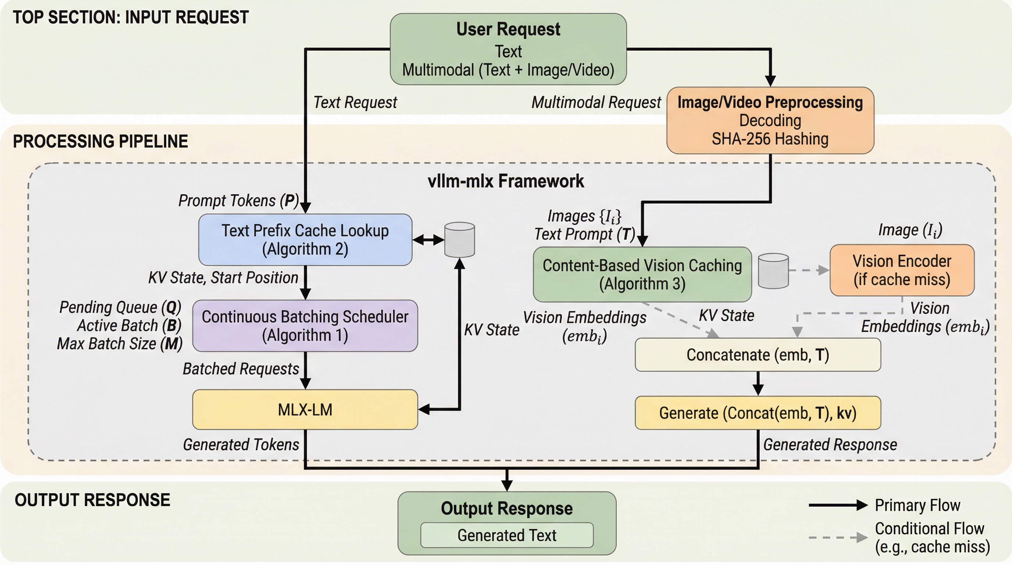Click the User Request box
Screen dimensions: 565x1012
pos(508,49)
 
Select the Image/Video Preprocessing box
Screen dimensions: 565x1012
pos(770,120)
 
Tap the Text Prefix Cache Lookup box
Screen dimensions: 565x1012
pos(305,240)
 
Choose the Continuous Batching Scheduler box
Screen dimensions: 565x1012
pos(305,326)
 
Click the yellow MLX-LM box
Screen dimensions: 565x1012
pos(305,409)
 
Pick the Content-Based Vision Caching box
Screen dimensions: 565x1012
pos(642,274)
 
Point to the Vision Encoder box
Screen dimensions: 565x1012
pos(902,270)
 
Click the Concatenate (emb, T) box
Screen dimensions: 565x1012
pos(758,355)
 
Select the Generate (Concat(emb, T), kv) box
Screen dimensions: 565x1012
pos(758,413)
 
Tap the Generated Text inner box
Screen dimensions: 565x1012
pos(507,535)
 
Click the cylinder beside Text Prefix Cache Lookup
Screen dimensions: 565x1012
pos(459,240)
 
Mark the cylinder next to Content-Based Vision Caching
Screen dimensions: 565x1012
pos(773,271)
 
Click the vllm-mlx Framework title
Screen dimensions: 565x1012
pos(506,181)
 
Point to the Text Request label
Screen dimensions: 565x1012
pos(355,102)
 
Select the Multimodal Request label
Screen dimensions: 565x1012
pos(596,102)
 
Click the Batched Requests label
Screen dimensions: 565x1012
pos(240,369)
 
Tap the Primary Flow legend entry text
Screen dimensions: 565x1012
pos(917,505)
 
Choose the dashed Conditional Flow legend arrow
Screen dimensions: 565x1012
pos(838,537)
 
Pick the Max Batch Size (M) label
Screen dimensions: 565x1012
pos(120,344)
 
